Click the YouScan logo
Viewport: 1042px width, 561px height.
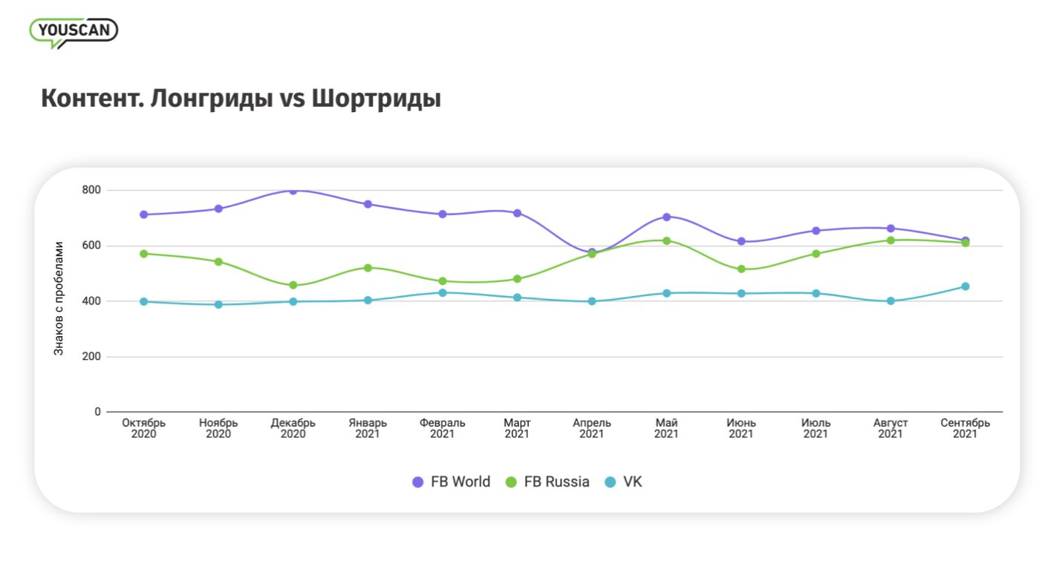[74, 31]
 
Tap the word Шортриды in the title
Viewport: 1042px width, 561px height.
[376, 99]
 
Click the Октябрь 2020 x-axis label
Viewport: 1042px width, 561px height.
[144, 428]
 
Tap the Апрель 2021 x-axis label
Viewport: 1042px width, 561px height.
[592, 428]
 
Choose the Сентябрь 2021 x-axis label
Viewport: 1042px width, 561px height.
[965, 428]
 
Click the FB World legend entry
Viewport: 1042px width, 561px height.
[452, 482]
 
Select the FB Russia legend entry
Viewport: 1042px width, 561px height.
[547, 482]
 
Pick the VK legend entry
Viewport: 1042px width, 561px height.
[623, 482]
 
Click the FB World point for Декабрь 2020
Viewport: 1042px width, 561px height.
[293, 191]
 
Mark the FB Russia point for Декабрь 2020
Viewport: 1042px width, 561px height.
[293, 285]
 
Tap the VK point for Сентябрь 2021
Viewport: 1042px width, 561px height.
[966, 286]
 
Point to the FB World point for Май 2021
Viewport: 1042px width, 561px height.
[667, 217]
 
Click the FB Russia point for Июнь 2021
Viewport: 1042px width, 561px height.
[741, 269]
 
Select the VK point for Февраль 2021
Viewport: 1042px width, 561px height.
[443, 292]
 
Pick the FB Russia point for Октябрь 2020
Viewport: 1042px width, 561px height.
[144, 254]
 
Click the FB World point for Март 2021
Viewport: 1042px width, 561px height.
[518, 213]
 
